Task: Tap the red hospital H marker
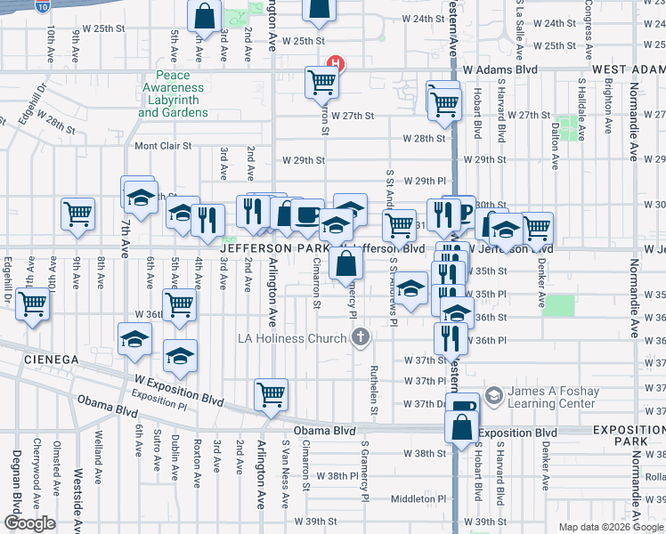[x=336, y=63]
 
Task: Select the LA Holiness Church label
[x=291, y=338]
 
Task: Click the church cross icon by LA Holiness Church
[x=360, y=337]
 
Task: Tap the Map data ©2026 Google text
[x=610, y=527]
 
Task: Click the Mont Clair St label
[x=163, y=146]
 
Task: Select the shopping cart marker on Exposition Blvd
[x=271, y=393]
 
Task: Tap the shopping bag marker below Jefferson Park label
[x=345, y=263]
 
